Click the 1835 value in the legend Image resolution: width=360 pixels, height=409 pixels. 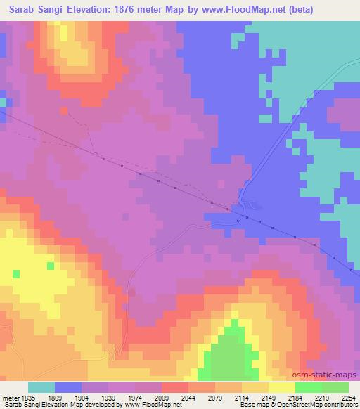point(27,397)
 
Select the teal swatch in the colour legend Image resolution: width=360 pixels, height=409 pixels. point(41,387)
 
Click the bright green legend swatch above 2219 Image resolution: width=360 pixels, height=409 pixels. point(309,387)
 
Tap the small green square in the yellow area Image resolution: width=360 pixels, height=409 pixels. point(51,266)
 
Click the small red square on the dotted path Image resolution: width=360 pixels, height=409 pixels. point(65,110)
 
